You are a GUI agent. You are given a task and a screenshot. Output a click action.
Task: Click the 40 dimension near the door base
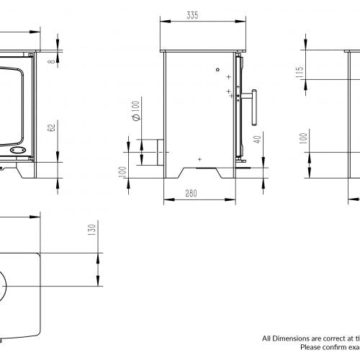[257, 140]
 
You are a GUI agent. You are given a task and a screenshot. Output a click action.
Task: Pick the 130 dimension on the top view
[91, 231]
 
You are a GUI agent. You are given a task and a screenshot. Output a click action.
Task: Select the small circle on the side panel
[217, 70]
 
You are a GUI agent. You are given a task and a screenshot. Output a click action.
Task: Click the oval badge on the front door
[19, 151]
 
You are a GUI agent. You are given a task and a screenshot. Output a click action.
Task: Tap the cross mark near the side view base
[200, 158]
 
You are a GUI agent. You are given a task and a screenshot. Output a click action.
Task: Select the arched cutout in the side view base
[200, 170]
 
